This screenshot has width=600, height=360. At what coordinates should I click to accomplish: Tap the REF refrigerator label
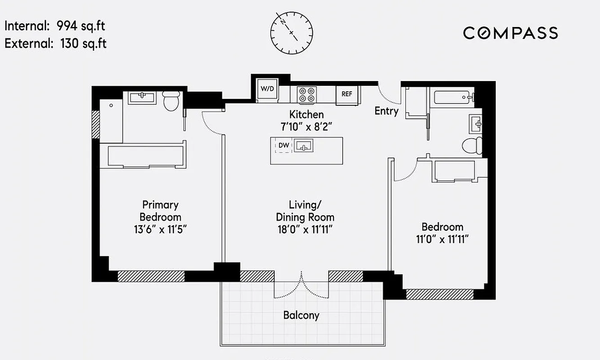(347, 94)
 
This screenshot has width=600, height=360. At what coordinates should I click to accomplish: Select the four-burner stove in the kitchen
(307, 94)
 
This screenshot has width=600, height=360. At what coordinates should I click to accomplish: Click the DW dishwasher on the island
(284, 145)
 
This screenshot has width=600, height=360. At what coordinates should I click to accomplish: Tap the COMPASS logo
(510, 33)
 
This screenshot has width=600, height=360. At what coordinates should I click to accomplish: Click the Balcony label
(301, 315)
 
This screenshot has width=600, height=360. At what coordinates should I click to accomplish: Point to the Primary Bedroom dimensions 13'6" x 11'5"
(160, 229)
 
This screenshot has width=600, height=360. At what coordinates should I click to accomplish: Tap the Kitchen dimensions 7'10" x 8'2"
(306, 126)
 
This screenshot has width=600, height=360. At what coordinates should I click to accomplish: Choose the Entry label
(386, 111)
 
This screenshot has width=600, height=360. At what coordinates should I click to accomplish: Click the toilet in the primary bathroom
(171, 101)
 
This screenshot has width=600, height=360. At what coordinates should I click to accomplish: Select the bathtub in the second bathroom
(451, 97)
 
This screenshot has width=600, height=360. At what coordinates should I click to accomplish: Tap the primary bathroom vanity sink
(142, 96)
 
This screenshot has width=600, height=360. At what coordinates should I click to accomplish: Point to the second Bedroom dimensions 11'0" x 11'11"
(442, 238)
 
